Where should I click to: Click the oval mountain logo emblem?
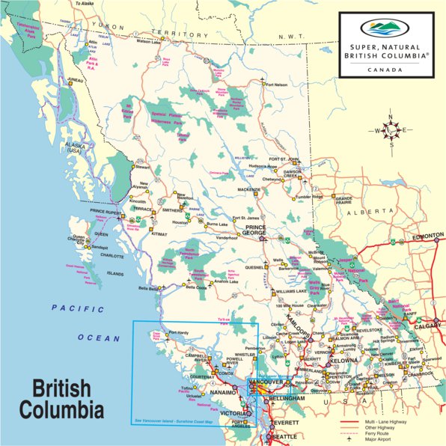[x=386, y=28]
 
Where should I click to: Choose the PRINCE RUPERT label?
[x=105, y=211]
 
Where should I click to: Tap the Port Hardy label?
[x=180, y=332]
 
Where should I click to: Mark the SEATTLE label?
[x=284, y=436]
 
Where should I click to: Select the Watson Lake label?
[x=148, y=41]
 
